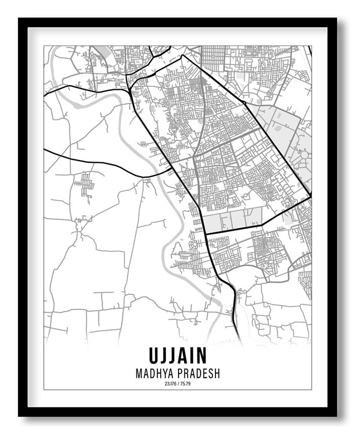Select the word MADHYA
(x=154, y=374)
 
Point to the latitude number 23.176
(x=169, y=384)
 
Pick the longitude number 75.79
(x=185, y=384)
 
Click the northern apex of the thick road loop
(x=183, y=56)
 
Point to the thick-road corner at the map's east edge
(x=310, y=197)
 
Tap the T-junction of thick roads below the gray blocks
(x=205, y=233)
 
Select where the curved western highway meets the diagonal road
(x=171, y=170)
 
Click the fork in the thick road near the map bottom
(x=232, y=287)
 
